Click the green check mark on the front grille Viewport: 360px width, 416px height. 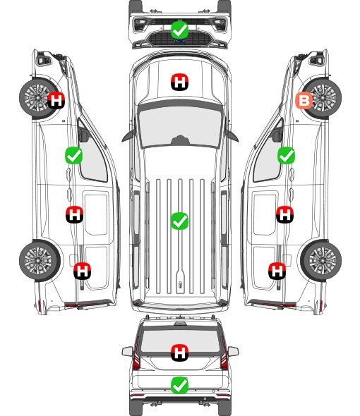179,30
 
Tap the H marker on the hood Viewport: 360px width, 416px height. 179,82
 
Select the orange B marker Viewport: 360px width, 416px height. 304,101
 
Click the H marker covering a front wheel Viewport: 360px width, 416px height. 56,100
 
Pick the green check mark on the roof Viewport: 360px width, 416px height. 179,221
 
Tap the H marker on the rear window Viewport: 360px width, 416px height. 179,353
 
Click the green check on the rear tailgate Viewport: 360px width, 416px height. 179,385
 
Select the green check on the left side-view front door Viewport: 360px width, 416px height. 74,155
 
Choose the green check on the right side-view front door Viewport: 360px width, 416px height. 286,155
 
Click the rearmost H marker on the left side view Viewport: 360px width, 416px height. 83,271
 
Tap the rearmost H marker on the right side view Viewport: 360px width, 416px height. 277,271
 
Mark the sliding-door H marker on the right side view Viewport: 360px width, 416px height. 284,214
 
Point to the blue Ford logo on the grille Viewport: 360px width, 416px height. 179,41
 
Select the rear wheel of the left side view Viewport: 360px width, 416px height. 40,260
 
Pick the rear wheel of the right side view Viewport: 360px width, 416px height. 321,260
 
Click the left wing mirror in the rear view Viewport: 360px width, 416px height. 127,351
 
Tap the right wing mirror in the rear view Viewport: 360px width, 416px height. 233,351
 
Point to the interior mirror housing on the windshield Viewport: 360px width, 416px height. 180,140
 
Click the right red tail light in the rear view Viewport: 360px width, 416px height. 224,354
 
